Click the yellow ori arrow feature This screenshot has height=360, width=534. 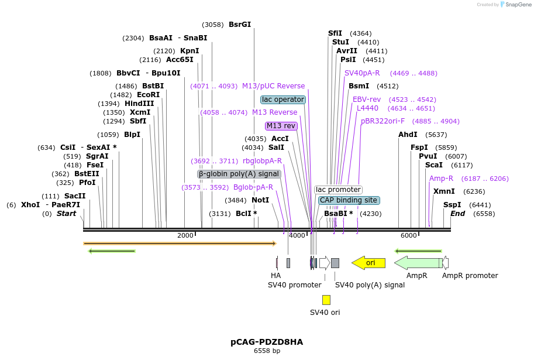(x=368, y=263)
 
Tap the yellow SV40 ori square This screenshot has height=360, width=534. (x=326, y=300)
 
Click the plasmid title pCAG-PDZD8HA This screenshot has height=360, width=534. (x=267, y=341)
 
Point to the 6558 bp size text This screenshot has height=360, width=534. (x=267, y=351)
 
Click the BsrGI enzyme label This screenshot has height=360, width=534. (x=240, y=25)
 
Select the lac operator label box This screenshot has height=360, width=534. (x=283, y=100)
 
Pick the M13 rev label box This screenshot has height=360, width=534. (x=281, y=126)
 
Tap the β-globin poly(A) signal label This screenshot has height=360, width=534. (x=239, y=174)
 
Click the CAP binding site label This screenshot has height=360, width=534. (x=349, y=200)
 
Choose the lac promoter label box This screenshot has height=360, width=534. (x=338, y=190)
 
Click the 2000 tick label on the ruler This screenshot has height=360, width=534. (x=185, y=235)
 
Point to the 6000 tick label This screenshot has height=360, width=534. (x=408, y=235)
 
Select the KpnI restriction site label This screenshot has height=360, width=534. (x=190, y=51)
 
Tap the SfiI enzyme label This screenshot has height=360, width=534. (x=335, y=33)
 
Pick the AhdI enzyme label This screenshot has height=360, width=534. (x=408, y=135)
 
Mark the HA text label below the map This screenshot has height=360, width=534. (x=275, y=275)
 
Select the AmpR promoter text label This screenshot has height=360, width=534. (x=470, y=275)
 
